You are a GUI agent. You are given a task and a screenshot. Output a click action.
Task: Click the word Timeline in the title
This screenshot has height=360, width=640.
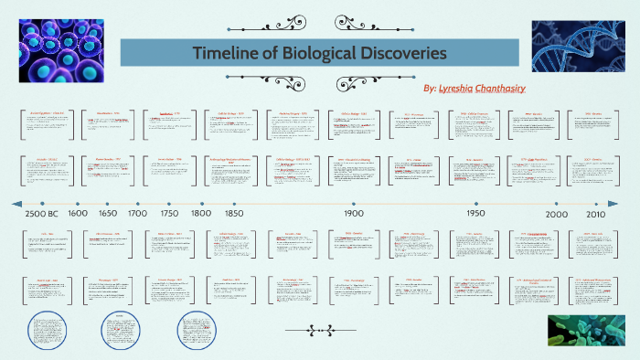(224, 53)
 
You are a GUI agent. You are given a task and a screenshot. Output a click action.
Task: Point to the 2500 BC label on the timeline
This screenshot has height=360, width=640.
(42, 213)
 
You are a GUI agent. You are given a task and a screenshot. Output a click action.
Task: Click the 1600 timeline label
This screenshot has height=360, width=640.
(78, 213)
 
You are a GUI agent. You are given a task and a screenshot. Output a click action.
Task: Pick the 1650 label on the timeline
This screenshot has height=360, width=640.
(108, 213)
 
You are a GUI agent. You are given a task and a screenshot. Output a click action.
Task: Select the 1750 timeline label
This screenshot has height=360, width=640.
(169, 213)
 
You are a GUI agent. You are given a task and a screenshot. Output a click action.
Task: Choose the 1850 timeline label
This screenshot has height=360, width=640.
(234, 213)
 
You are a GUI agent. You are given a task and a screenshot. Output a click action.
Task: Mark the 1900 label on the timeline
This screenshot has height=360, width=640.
(355, 213)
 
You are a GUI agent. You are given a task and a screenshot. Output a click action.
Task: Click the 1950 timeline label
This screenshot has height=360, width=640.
(476, 213)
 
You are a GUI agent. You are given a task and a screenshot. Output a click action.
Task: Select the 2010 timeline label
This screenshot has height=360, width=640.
(596, 213)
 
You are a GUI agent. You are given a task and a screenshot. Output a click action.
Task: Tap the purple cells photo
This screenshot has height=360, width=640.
(57, 51)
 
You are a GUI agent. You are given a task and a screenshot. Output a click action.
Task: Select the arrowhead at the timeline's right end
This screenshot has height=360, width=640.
(612, 203)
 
